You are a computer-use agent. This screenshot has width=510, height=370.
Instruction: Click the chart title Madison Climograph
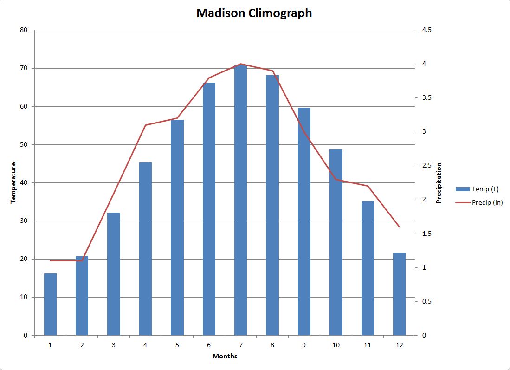pyautogui.click(x=254, y=13)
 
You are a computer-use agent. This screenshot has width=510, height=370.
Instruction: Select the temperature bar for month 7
pyautogui.click(x=240, y=200)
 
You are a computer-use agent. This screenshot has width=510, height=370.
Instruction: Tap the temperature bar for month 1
pyautogui.click(x=50, y=304)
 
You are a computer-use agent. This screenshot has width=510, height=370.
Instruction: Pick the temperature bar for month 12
pyautogui.click(x=399, y=293)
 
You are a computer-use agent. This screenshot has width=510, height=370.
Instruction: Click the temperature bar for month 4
pyautogui.click(x=145, y=248)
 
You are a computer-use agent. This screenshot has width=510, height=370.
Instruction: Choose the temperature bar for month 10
pyautogui.click(x=336, y=242)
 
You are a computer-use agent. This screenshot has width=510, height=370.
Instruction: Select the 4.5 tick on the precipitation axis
pyautogui.click(x=427, y=30)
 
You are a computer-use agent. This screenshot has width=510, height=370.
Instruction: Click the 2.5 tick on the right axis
pyautogui.click(x=427, y=166)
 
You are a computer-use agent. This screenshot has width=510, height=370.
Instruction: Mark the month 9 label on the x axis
pyautogui.click(x=304, y=345)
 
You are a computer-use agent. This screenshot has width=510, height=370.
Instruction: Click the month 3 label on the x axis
pyautogui.click(x=114, y=345)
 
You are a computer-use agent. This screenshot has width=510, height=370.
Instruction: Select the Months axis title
pyautogui.click(x=225, y=356)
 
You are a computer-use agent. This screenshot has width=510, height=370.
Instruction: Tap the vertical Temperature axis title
pyautogui.click(x=13, y=182)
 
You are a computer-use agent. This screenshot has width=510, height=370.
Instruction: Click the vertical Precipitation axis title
pyautogui.click(x=439, y=183)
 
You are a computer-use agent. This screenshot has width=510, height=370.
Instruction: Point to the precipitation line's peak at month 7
pyautogui.click(x=240, y=64)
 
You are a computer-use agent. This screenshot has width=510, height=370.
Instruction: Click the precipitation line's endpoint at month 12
pyautogui.click(x=399, y=227)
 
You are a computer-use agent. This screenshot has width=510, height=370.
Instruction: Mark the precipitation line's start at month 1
pyautogui.click(x=50, y=260)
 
